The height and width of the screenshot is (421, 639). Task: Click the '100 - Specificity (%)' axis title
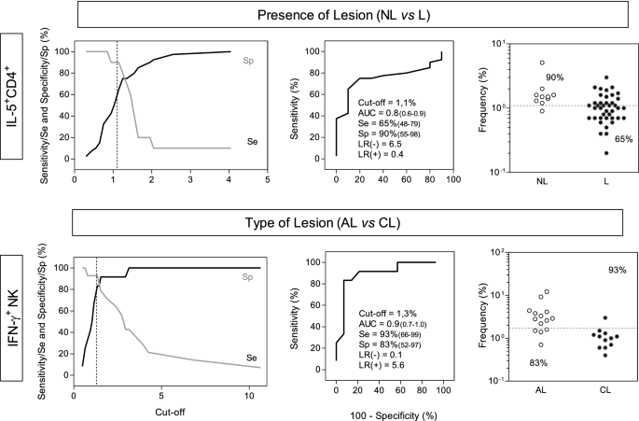click(x=388, y=412)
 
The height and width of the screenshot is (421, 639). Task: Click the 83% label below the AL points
click(x=510, y=363)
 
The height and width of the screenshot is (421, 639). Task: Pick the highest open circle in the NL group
click(x=515, y=63)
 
